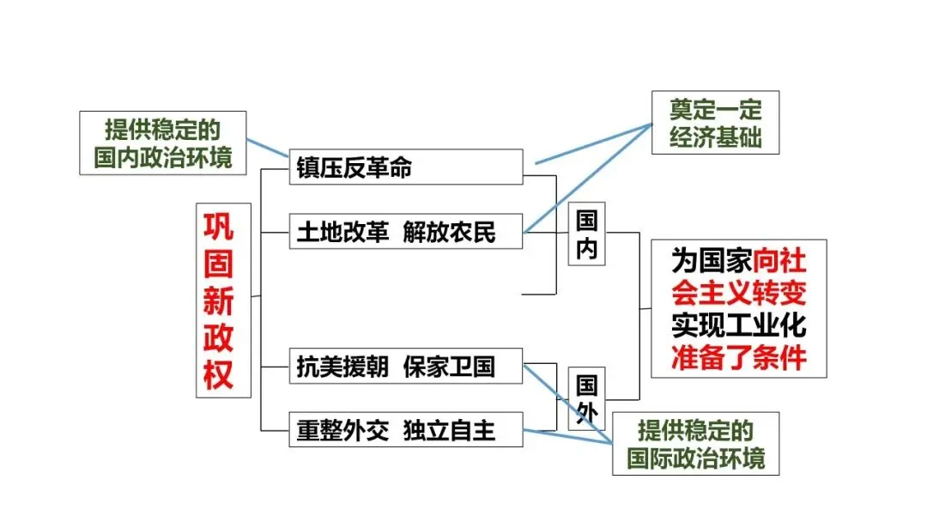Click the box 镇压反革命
(405, 167)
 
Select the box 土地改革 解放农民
(405, 231)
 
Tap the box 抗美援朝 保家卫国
(405, 367)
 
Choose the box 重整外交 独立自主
(405, 429)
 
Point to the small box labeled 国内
(587, 234)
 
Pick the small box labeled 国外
(587, 399)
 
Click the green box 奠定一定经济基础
(715, 123)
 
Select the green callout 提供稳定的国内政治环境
(163, 143)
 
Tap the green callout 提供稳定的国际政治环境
(696, 444)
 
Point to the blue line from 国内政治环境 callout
(268, 146)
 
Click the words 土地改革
(342, 231)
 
